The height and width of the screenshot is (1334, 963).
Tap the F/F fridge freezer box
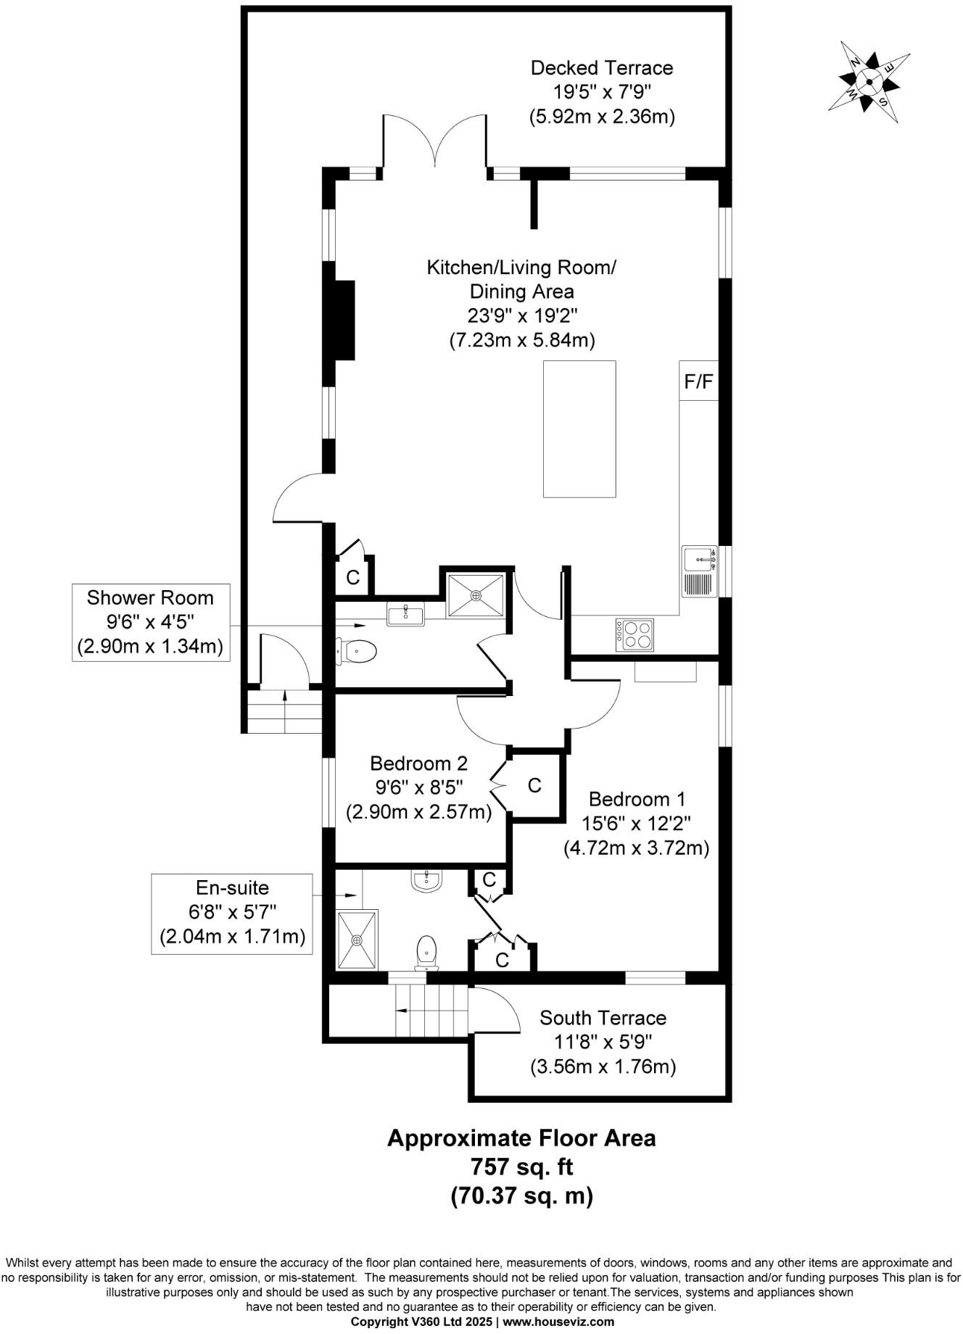pyautogui.click(x=698, y=381)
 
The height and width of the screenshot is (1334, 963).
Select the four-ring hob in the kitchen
pyautogui.click(x=635, y=634)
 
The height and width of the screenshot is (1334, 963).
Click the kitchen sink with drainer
pyautogui.click(x=700, y=571)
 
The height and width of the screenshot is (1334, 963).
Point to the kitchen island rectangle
pyautogui.click(x=579, y=428)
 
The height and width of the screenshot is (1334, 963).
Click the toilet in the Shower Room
pyautogui.click(x=357, y=652)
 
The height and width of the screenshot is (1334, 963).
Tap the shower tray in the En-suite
pyautogui.click(x=357, y=940)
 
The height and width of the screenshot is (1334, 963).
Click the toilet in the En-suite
pyautogui.click(x=426, y=951)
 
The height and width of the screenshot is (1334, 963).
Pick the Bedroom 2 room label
pyautogui.click(x=418, y=763)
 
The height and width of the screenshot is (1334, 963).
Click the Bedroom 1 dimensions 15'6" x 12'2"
pyautogui.click(x=635, y=824)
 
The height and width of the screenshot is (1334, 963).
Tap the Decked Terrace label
pyautogui.click(x=602, y=68)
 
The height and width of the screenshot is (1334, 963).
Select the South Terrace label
pyautogui.click(x=603, y=1018)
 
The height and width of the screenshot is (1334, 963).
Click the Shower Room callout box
pyautogui.click(x=150, y=622)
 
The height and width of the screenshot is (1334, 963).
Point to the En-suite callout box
pyautogui.click(x=232, y=912)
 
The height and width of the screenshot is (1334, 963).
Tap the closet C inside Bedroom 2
pyautogui.click(x=535, y=786)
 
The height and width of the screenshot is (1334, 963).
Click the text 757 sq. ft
pyautogui.click(x=521, y=1167)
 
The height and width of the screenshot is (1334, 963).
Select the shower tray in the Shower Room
pyautogui.click(x=476, y=595)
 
